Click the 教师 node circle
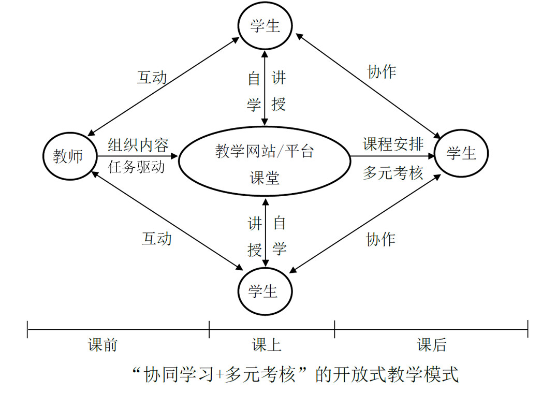(x=69, y=156)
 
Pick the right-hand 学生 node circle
(x=461, y=153)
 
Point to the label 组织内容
(x=138, y=145)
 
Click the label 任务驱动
(x=137, y=167)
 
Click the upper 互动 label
(x=152, y=78)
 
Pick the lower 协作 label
(x=381, y=239)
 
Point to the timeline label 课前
(x=102, y=345)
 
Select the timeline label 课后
(x=431, y=345)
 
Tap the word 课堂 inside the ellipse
(x=265, y=178)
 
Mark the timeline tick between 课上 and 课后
(x=334, y=329)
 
